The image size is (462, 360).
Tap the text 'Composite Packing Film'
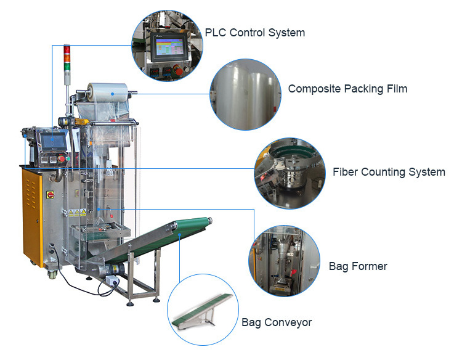[x=347, y=89]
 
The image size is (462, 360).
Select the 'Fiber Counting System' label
[x=389, y=172]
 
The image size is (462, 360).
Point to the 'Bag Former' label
[x=358, y=266]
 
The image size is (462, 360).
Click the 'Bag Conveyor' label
[x=277, y=322]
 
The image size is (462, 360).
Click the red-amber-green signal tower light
[x=67, y=62]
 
